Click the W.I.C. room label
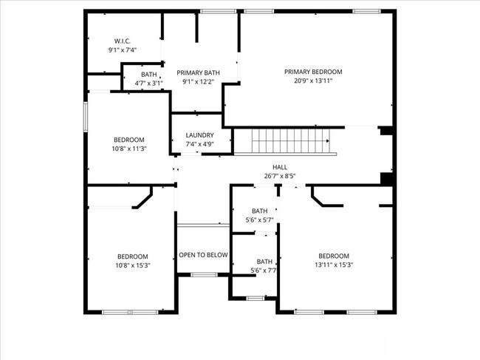[123, 40]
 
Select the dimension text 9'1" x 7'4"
[123, 50]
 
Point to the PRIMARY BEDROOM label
[313, 72]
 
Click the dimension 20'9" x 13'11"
[313, 81]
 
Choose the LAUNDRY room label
[199, 135]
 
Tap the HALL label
[280, 167]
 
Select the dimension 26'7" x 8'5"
[280, 176]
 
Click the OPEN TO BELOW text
[203, 255]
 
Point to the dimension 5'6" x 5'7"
[259, 220]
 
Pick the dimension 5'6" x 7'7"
[264, 271]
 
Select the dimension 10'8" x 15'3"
[132, 265]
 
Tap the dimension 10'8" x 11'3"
[128, 148]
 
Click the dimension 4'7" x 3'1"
[149, 84]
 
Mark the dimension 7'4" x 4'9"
[199, 144]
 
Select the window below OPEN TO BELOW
[204, 275]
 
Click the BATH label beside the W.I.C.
[149, 74]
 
